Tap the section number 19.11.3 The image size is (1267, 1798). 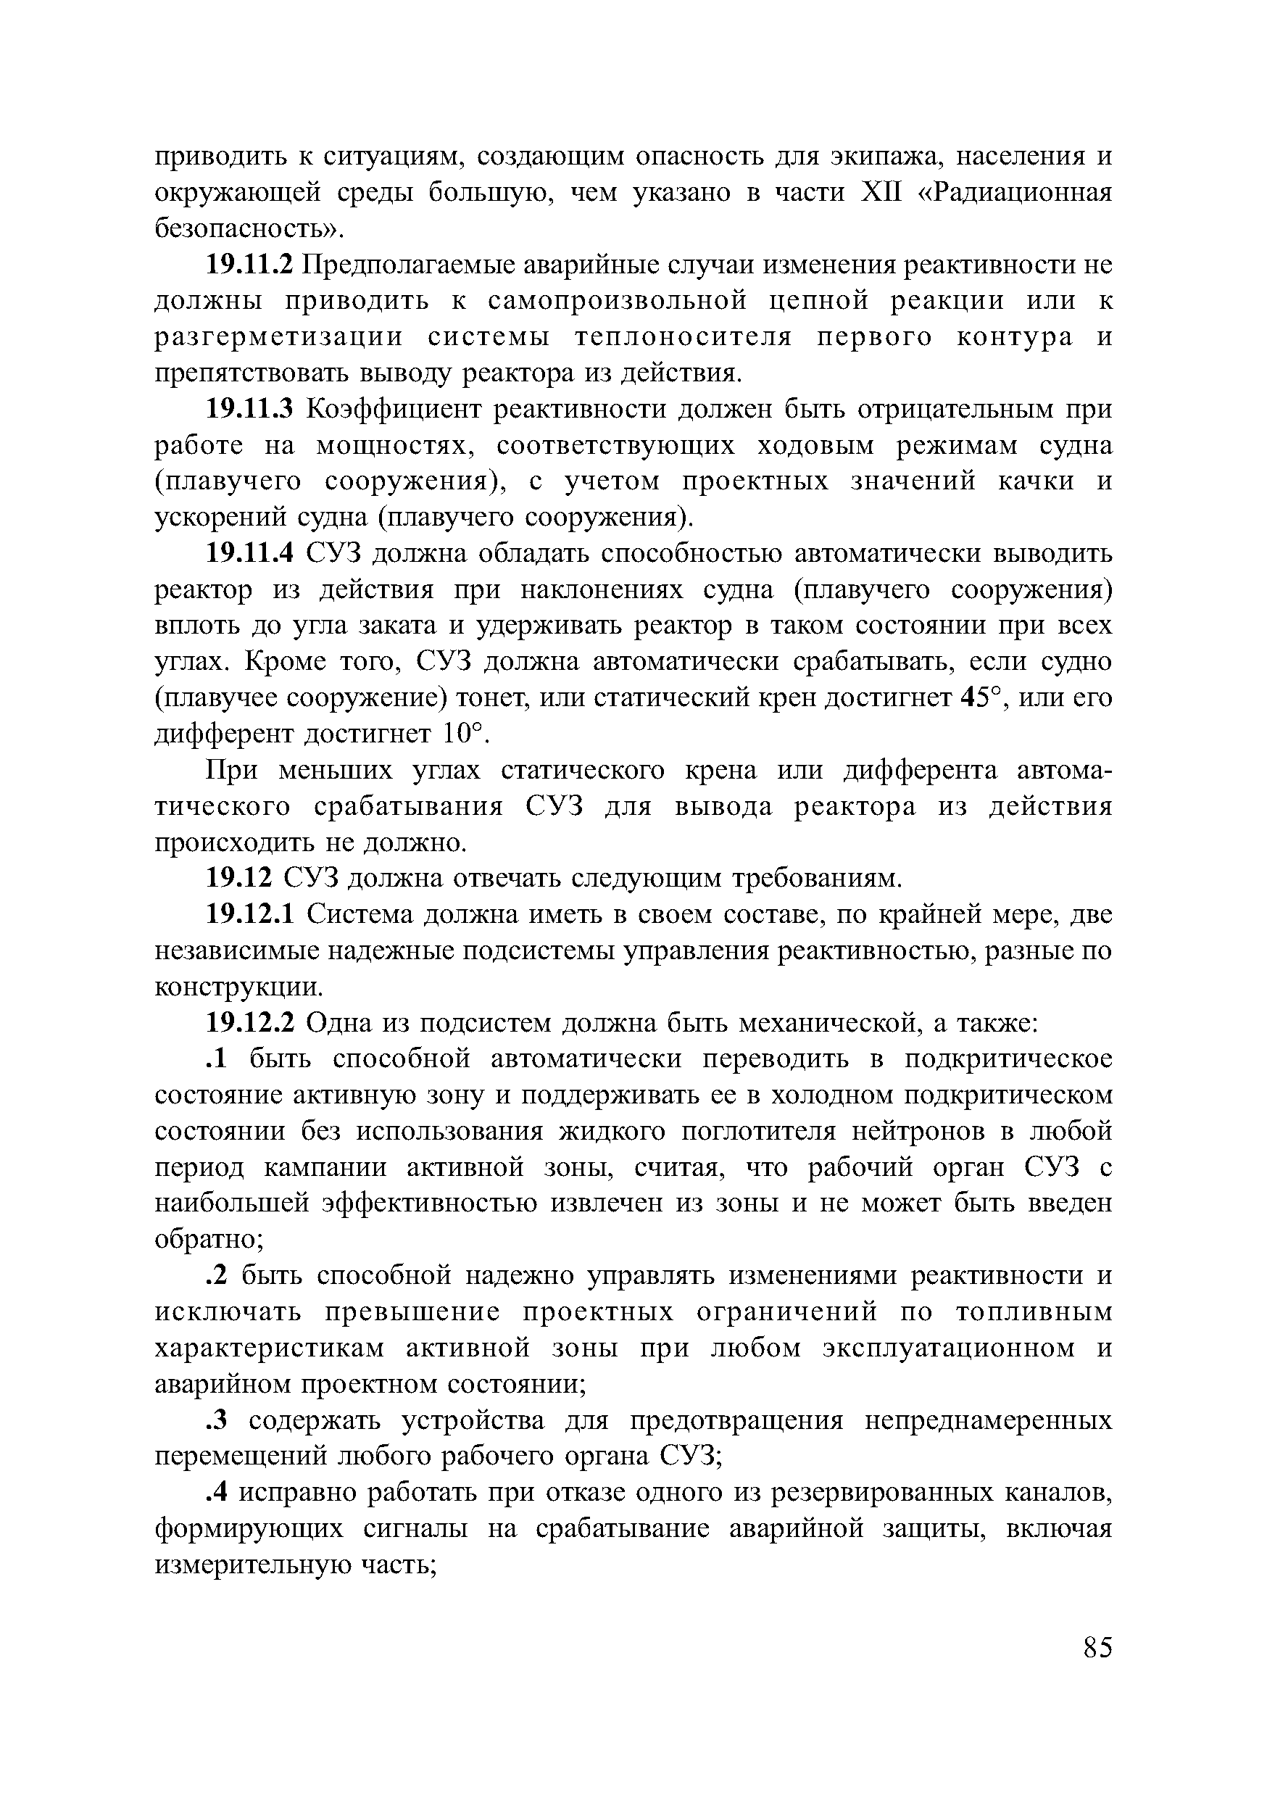click(x=249, y=409)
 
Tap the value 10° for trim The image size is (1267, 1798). click(x=460, y=734)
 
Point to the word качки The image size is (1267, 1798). click(x=1036, y=481)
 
